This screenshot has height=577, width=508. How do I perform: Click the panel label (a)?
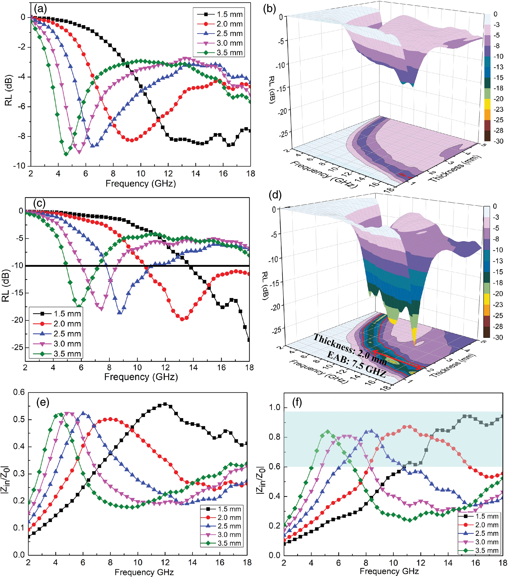click(40, 9)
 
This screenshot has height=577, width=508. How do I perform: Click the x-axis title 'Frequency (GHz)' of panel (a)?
click(141, 184)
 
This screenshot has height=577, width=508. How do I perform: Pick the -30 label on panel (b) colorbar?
click(498, 141)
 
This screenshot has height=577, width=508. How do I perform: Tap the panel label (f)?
click(297, 402)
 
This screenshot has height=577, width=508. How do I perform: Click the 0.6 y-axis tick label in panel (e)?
click(19, 392)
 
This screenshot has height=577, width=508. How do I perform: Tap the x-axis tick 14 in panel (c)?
click(193, 367)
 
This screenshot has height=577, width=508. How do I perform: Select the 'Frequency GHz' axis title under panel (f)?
click(389, 572)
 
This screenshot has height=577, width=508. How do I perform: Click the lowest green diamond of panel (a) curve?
click(66, 154)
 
